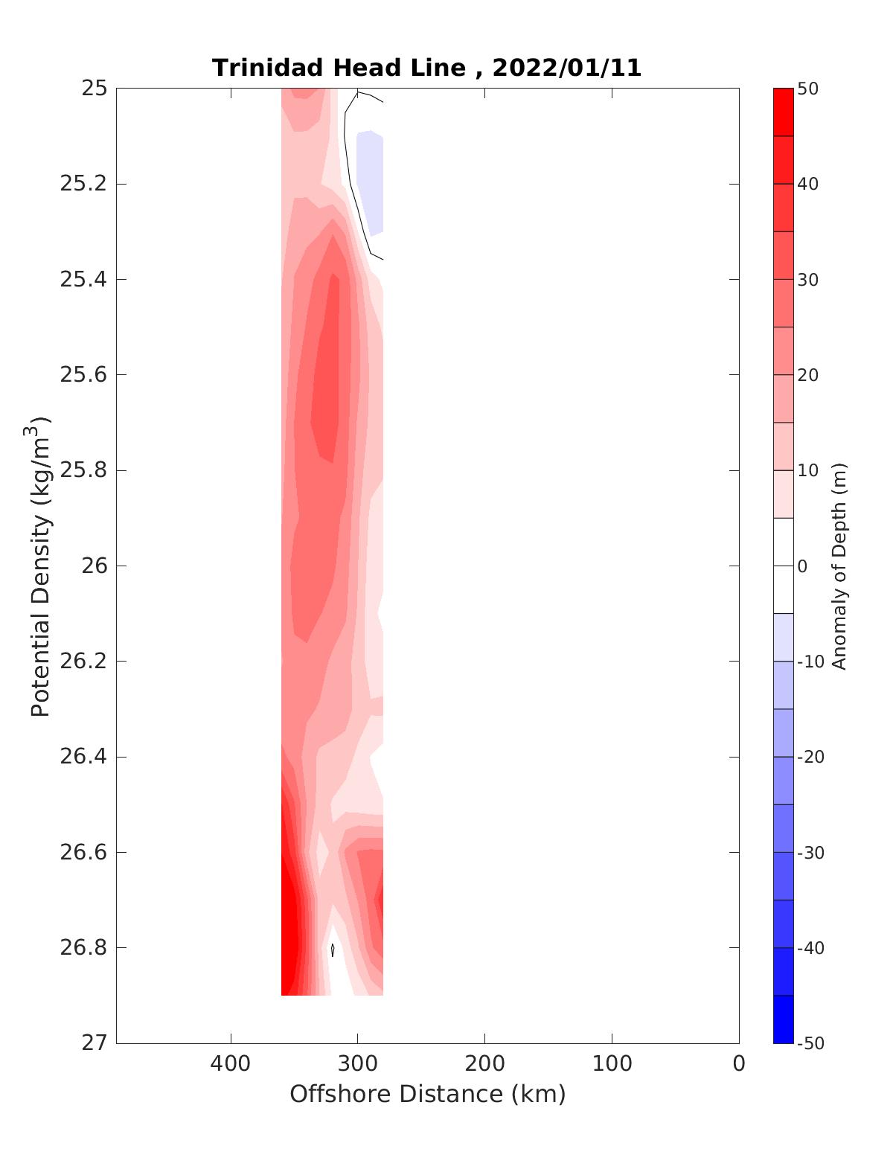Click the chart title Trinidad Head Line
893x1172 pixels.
(339, 68)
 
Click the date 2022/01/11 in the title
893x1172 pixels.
(566, 68)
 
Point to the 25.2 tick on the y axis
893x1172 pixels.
(83, 184)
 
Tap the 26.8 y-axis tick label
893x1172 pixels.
(83, 948)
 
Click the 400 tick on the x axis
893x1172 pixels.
(231, 1064)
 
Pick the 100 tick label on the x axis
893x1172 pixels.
(612, 1064)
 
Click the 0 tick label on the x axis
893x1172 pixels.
(738, 1064)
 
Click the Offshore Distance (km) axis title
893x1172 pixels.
(427, 1095)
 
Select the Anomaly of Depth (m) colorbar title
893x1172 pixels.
(839, 566)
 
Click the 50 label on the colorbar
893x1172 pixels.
(807, 89)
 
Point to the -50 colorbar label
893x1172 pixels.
(810, 1043)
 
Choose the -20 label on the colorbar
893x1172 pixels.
(810, 757)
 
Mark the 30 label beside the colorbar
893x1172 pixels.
(807, 280)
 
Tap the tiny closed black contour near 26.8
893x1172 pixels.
(332, 950)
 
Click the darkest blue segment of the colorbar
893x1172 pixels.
(783, 1019)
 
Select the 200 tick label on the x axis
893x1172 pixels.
(484, 1064)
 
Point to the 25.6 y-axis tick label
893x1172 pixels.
(83, 374)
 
